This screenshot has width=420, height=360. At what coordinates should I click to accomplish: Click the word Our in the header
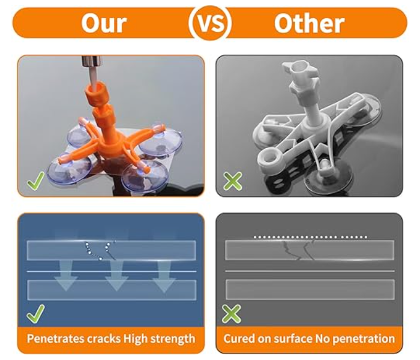104,23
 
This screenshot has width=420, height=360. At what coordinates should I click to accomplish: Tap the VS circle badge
210,23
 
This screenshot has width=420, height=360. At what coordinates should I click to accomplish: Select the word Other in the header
309,23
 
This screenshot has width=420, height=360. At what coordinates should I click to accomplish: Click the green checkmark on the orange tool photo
35,181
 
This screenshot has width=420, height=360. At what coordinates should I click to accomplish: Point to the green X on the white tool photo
233,181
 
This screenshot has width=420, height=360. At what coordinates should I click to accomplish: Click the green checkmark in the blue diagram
35,314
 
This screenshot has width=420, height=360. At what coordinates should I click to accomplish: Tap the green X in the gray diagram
232,314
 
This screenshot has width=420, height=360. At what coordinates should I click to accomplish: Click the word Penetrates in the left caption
55,338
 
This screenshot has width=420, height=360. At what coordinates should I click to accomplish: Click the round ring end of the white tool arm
270,160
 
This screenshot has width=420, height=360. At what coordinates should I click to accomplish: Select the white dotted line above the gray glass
310,237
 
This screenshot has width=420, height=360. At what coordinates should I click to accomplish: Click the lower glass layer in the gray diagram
310,290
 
